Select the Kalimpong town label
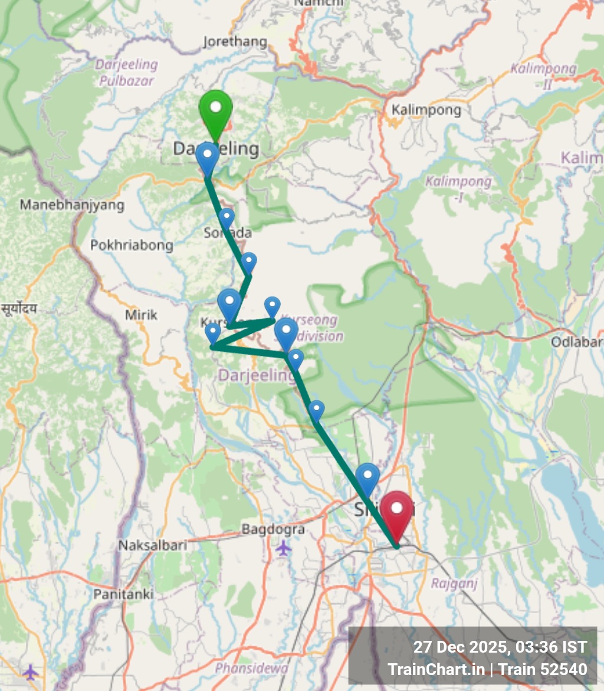tap(426, 110)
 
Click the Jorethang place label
tap(235, 42)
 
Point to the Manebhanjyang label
tap(72, 205)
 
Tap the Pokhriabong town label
tap(132, 245)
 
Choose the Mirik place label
tap(141, 315)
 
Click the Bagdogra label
tap(273, 529)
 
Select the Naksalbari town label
tap(152, 545)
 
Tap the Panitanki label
tap(123, 594)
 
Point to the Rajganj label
tap(446, 584)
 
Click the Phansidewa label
tap(251, 668)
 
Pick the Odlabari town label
tap(577, 342)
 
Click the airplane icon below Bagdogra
tap(284, 548)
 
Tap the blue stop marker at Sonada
tap(226, 218)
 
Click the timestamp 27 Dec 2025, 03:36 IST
tap(500, 647)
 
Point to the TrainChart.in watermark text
tap(436, 669)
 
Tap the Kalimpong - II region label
tap(543, 76)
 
